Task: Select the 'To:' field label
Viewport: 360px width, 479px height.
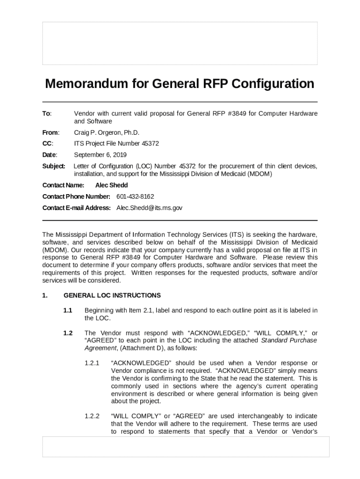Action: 47,114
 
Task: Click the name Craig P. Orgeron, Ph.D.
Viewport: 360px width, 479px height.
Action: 107,132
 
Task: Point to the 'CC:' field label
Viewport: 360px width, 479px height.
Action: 48,144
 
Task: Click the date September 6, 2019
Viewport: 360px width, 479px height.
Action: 100,155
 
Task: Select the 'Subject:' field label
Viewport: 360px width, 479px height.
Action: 54,166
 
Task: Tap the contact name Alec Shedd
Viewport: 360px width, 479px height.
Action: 111,185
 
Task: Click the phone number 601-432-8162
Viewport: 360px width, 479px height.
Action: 135,196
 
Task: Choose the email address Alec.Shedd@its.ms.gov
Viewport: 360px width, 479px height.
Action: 149,208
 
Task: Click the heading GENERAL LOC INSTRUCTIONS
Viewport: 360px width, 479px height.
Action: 112,295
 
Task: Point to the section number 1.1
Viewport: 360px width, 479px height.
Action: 68,310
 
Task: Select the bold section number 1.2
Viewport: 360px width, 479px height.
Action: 68,333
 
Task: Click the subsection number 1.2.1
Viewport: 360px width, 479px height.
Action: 92,363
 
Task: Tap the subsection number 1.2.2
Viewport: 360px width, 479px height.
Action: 92,416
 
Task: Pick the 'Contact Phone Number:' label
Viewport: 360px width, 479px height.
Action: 76,196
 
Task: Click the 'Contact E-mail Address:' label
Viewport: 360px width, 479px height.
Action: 77,208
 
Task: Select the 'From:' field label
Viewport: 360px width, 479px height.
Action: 50,132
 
